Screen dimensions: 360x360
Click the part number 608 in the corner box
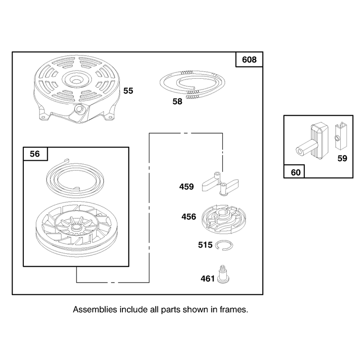(249, 60)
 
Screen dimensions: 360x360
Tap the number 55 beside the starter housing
(128, 91)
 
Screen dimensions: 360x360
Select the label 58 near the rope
(177, 101)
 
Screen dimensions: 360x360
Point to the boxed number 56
(35, 154)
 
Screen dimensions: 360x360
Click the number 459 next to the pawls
(186, 186)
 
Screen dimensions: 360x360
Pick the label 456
(189, 216)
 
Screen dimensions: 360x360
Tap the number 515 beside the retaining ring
(205, 245)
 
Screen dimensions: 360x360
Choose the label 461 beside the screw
(208, 279)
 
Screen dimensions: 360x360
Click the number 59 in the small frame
(342, 158)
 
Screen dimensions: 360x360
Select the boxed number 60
(296, 172)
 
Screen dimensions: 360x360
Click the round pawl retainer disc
(223, 219)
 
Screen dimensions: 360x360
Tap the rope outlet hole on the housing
(80, 108)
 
